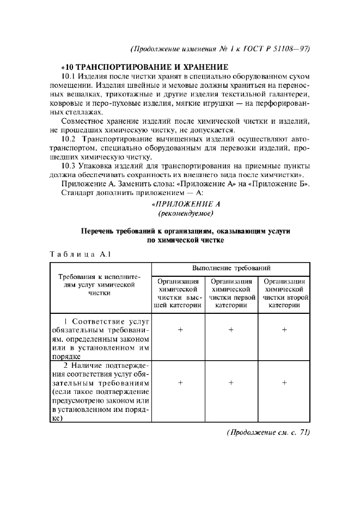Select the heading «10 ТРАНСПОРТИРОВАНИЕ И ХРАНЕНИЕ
[144, 66]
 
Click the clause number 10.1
[69, 76]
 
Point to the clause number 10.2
[69, 139]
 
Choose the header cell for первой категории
[230, 294]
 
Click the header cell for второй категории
[284, 294]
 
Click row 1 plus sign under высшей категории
[178, 330]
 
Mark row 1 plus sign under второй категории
[284, 330]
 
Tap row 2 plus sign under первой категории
[231, 383]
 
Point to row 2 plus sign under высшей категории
[178, 383]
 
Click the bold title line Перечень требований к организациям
[185, 231]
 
